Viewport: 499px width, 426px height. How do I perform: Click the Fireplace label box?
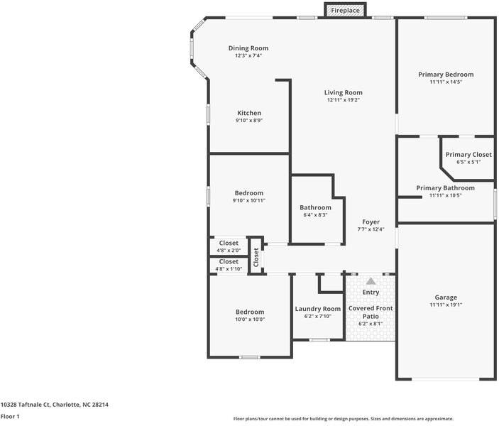click(x=346, y=10)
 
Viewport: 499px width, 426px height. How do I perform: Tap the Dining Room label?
click(x=248, y=48)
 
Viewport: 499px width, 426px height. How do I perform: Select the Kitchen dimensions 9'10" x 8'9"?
click(x=249, y=121)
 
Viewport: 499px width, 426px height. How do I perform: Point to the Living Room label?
click(x=344, y=92)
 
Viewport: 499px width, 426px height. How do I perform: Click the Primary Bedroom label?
click(x=446, y=74)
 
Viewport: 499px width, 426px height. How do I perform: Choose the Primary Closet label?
click(x=468, y=154)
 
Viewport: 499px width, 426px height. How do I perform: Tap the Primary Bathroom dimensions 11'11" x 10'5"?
click(x=446, y=195)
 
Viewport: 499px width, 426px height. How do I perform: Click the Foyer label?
click(x=371, y=222)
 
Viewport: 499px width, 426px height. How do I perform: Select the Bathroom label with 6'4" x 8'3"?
click(x=315, y=207)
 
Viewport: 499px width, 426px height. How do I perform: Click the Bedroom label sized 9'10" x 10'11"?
click(x=249, y=192)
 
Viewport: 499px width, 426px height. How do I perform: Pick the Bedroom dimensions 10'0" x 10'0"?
click(x=250, y=319)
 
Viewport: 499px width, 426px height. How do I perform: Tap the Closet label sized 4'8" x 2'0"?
click(x=229, y=243)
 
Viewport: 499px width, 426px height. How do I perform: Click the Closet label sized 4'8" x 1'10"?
click(x=229, y=261)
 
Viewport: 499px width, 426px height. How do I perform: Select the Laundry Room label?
click(x=318, y=309)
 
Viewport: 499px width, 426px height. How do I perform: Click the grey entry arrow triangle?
click(x=371, y=281)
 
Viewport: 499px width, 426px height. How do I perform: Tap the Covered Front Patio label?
click(x=371, y=312)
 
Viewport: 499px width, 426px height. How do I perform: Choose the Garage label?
click(x=446, y=297)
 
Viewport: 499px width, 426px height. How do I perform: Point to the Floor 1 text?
click(x=10, y=417)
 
